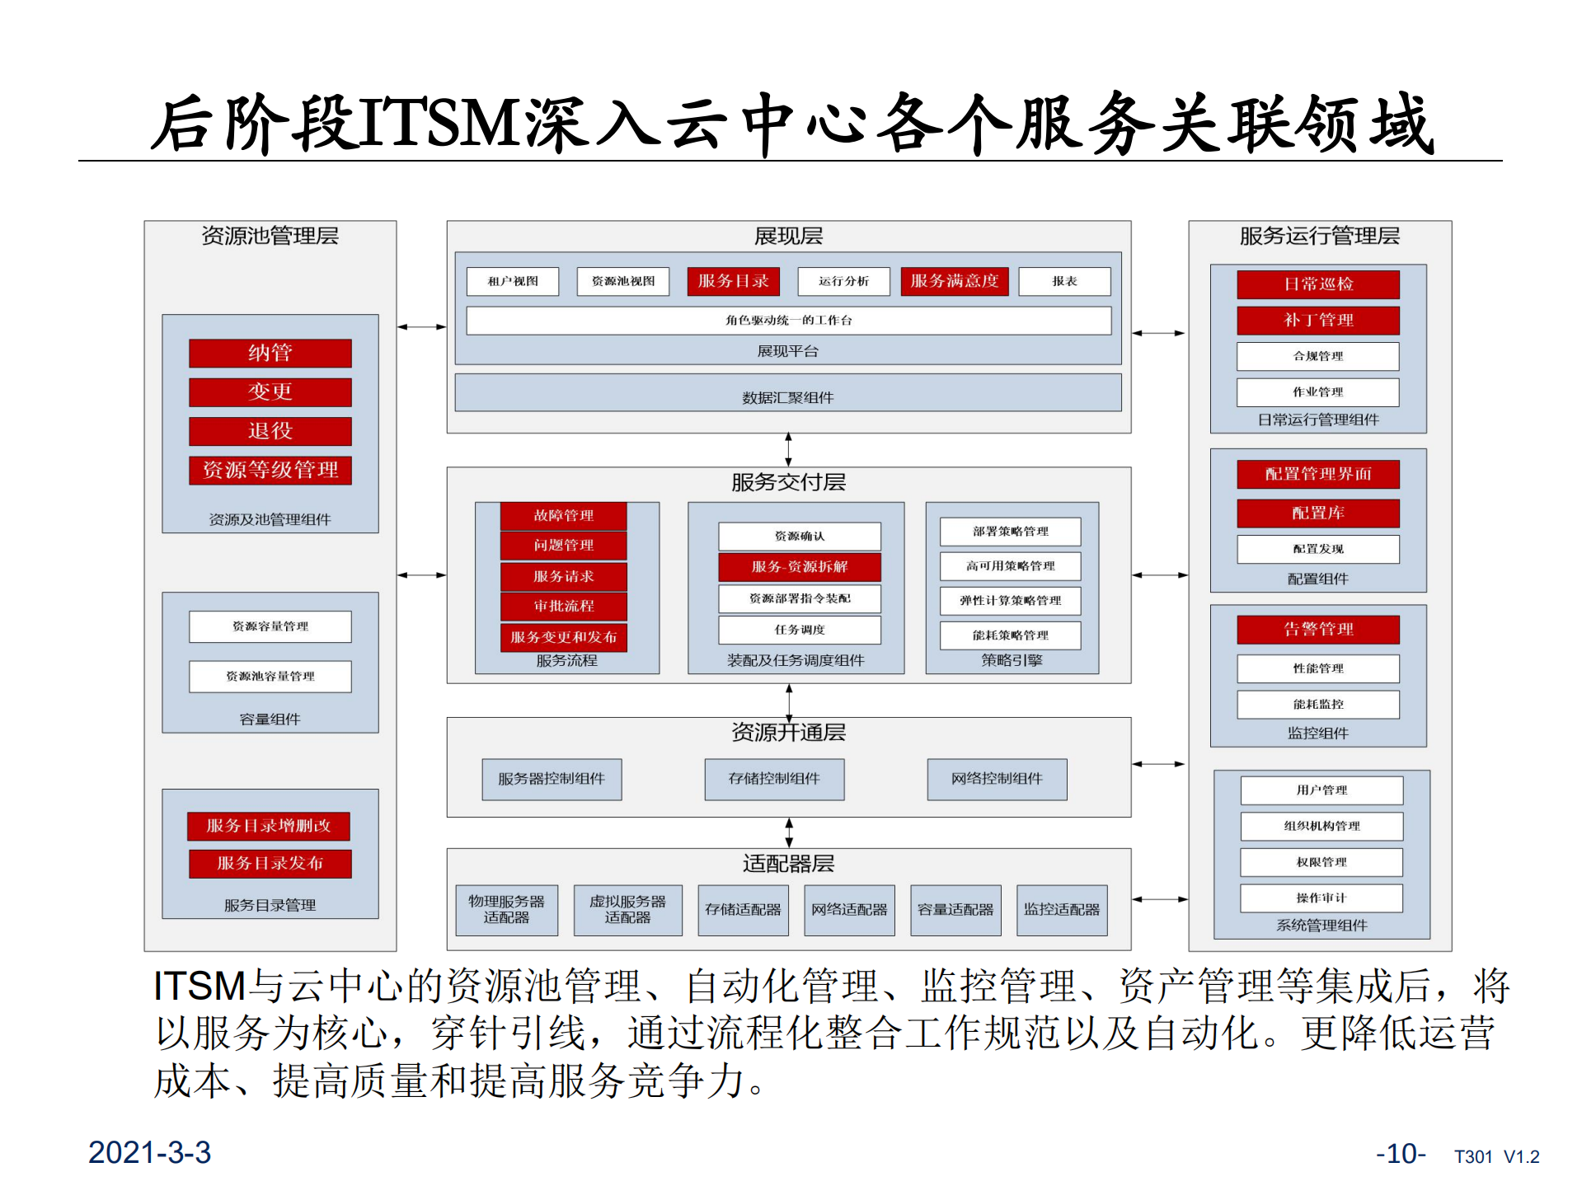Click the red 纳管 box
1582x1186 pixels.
(x=270, y=353)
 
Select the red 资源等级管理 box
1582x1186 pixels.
(x=270, y=470)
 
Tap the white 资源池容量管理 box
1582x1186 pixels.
(x=270, y=676)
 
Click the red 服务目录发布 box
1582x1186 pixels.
(x=270, y=863)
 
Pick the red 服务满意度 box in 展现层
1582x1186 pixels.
(x=954, y=281)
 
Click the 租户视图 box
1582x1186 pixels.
(x=512, y=281)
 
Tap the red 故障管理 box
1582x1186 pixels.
(x=563, y=516)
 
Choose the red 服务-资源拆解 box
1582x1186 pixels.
(x=799, y=566)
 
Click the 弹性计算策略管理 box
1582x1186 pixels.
(x=1010, y=600)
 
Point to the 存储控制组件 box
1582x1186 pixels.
(x=774, y=779)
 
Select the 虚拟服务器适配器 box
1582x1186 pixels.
(x=627, y=910)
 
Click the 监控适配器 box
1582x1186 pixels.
(x=1061, y=910)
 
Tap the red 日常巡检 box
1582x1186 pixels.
(x=1317, y=284)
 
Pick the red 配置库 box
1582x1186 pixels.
(x=1317, y=513)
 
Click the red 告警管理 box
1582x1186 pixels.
(x=1317, y=630)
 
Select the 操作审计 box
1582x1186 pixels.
(x=1321, y=898)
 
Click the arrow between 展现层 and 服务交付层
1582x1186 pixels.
(x=788, y=450)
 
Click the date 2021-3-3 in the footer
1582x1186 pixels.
(x=149, y=1152)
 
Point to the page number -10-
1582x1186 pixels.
(x=1400, y=1153)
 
